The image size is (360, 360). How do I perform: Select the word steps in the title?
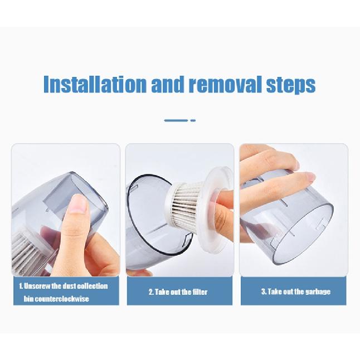(290, 85)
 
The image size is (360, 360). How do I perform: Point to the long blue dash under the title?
(176, 120)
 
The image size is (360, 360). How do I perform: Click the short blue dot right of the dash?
(193, 120)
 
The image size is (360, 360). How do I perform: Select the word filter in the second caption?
(201, 291)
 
